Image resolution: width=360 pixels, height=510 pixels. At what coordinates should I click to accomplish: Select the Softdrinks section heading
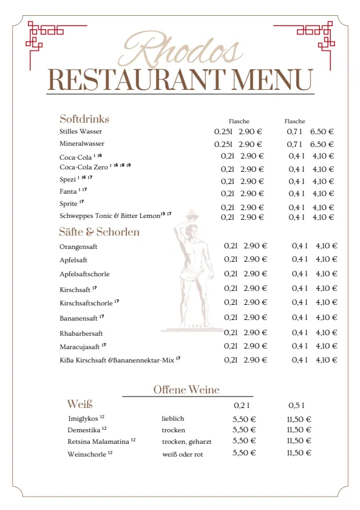tap(84, 119)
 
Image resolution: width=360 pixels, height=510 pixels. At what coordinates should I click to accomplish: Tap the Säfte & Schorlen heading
tap(99, 232)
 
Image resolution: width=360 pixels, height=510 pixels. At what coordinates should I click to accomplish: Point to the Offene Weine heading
tap(186, 390)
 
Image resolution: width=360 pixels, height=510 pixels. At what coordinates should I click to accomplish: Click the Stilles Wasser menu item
tap(81, 131)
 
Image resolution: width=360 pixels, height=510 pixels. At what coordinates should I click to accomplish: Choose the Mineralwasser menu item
tap(82, 144)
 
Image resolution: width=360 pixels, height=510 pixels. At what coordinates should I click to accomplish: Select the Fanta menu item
tap(68, 192)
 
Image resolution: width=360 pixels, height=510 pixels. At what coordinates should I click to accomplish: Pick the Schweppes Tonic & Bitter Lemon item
tap(110, 216)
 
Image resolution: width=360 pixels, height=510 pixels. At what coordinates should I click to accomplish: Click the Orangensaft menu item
tap(78, 247)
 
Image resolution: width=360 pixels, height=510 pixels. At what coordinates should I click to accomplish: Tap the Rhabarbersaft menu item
tap(81, 333)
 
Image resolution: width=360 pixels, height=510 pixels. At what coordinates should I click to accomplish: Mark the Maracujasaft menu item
tap(80, 346)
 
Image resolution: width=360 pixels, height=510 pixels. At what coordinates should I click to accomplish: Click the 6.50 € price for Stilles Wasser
tap(322, 131)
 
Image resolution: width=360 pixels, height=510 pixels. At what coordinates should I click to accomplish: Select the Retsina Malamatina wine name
tap(98, 441)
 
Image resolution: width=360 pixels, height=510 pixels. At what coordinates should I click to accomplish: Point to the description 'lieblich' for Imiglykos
tap(173, 419)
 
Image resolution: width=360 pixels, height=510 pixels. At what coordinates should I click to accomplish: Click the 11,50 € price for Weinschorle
tap(299, 453)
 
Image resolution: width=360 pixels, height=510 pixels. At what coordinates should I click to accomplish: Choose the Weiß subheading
tap(80, 404)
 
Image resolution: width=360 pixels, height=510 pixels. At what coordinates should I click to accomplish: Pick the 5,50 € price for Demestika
tap(244, 430)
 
